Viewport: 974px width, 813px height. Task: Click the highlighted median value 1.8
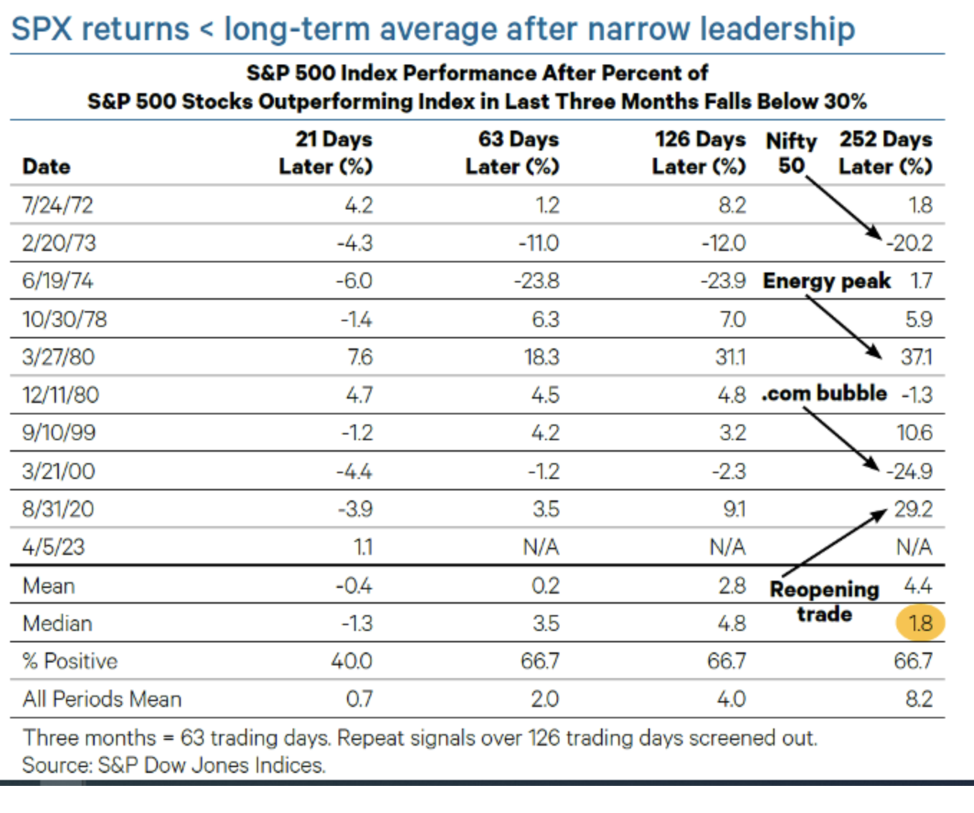919,623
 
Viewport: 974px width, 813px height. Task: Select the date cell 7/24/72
57,205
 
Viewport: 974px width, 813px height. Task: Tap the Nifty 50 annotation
791,153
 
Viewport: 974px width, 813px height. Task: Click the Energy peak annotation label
826,280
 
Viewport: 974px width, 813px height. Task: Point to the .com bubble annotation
824,394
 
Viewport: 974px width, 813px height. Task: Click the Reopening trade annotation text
824,601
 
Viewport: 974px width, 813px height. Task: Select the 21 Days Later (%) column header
326,153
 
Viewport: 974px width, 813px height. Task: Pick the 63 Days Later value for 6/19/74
536,280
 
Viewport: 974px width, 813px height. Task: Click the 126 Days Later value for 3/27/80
730,356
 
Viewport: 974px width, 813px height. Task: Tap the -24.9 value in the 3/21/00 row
909,471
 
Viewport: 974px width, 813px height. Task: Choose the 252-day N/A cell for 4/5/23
914,547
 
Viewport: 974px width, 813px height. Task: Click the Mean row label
49,586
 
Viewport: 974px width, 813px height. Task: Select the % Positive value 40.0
351,661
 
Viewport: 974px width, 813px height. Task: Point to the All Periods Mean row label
102,699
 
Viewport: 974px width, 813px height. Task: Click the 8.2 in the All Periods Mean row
919,699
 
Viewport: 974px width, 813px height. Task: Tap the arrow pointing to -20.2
843,207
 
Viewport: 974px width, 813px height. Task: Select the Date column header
46,166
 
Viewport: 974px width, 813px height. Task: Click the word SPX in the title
42,29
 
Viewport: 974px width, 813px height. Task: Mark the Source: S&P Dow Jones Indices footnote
174,765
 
